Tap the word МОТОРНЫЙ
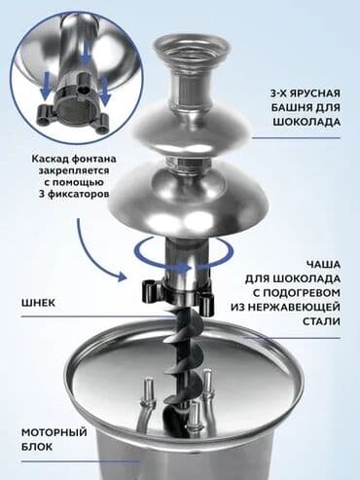pos(51,431)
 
